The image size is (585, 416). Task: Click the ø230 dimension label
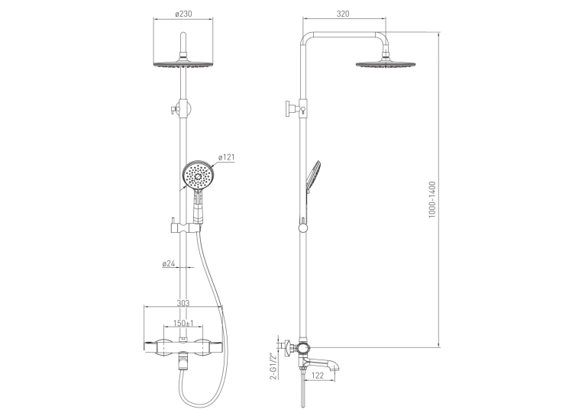pos(183,14)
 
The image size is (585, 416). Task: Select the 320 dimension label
pos(343,14)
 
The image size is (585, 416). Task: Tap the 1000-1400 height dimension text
pos(432,199)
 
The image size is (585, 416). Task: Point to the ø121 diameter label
pos(227,157)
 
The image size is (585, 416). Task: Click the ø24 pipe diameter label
pos(169,263)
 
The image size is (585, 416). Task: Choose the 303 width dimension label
pos(183,303)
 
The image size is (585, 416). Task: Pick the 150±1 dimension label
pos(183,323)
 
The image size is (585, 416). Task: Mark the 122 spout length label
pos(318,376)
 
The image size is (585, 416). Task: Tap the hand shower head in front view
pos(197,176)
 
